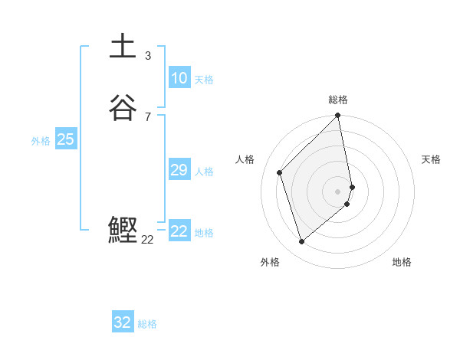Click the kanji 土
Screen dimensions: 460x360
click(123, 46)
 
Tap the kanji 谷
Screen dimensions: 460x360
click(123, 108)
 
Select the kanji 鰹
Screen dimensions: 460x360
click(123, 231)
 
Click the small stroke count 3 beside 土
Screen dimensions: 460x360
click(148, 56)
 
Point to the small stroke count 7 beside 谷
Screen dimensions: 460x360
click(148, 116)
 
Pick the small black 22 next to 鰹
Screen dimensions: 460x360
click(148, 240)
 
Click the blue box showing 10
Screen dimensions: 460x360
click(179, 78)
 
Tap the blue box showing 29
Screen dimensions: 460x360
click(179, 170)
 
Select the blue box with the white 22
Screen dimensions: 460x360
click(179, 231)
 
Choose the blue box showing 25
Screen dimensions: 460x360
click(65, 139)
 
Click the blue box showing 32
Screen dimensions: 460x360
click(123, 322)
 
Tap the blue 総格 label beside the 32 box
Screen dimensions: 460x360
click(147, 324)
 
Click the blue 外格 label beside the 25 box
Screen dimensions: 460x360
click(41, 141)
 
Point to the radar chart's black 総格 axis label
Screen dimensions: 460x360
click(338, 100)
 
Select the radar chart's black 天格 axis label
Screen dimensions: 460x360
click(431, 159)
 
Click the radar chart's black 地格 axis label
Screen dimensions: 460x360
click(402, 262)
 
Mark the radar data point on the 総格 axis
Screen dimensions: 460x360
click(338, 116)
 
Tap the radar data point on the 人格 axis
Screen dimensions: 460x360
click(280, 172)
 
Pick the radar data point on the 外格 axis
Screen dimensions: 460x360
click(301, 242)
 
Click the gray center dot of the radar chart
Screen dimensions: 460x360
click(338, 191)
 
